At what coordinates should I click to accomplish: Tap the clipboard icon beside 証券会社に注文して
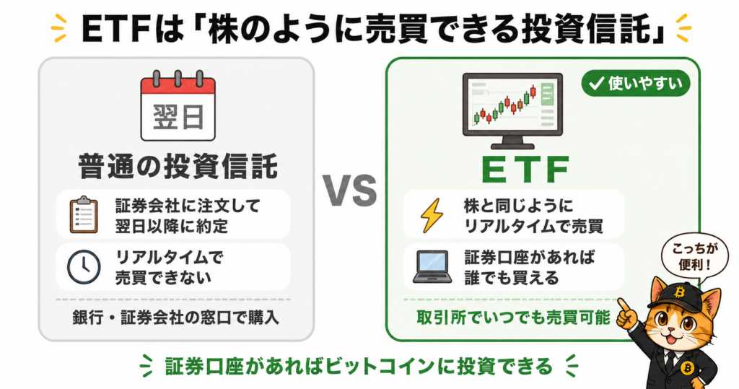click(84, 215)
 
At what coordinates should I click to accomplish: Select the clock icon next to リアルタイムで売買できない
click(84, 267)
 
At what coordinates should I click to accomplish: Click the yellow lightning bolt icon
click(432, 216)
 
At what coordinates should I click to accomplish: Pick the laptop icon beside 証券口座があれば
click(432, 267)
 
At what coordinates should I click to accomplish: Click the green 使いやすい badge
click(635, 84)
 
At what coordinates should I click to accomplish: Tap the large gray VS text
click(350, 191)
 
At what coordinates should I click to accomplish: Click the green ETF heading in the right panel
click(525, 170)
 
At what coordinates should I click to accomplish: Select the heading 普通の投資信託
click(178, 167)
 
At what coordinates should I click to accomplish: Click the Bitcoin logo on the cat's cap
click(679, 292)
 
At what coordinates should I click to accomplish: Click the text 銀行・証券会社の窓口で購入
click(176, 318)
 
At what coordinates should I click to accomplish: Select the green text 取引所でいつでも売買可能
click(513, 318)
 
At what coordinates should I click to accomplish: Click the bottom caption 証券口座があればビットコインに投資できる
click(359, 367)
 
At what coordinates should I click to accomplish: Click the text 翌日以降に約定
click(172, 226)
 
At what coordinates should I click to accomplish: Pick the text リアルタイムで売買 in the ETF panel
click(534, 227)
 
